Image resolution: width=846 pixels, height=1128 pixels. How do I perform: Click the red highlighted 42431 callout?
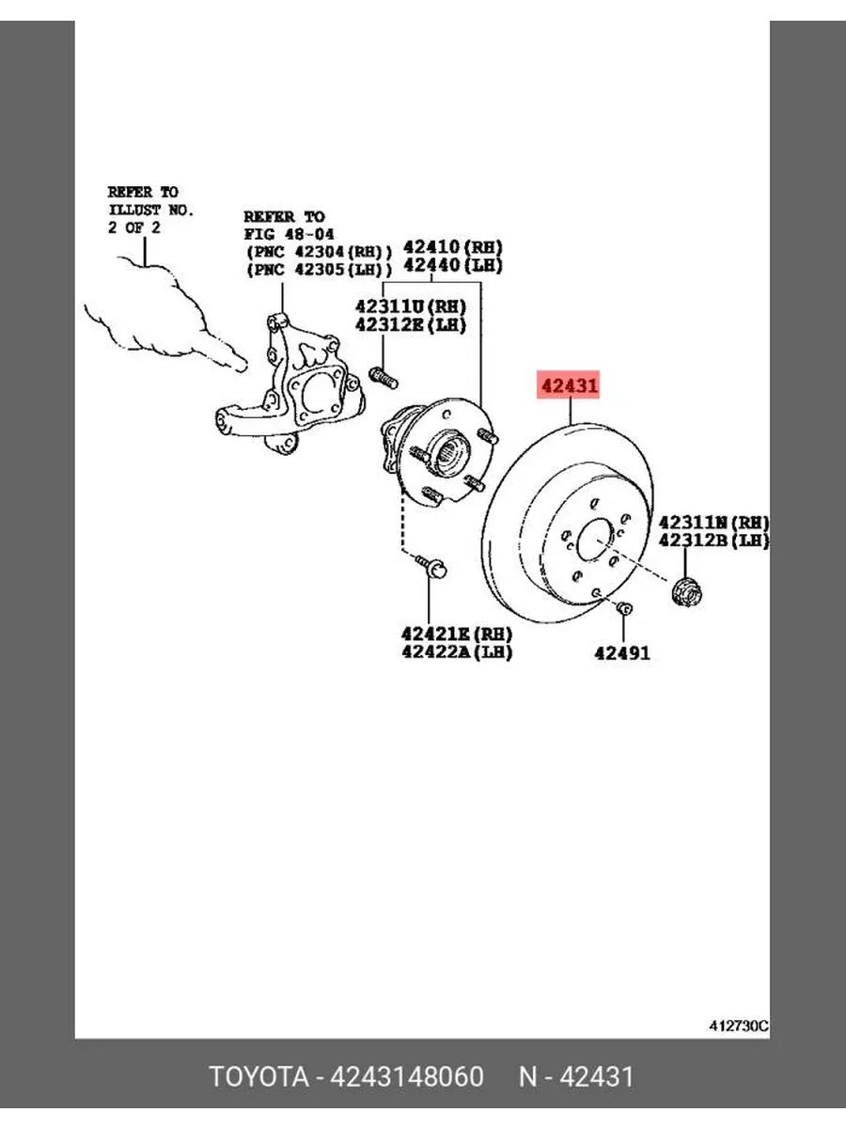568,384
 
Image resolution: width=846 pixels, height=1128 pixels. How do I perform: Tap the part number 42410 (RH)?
452,247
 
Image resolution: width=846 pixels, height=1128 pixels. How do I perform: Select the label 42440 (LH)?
452,265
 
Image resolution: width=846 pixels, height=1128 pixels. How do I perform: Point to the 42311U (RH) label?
411,306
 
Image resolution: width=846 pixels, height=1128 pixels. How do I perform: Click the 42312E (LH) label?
411,325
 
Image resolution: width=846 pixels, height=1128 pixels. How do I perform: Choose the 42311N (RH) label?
714,523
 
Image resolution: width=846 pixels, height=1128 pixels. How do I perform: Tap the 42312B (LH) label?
714,540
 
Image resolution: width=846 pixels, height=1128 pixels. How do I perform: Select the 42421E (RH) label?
457,634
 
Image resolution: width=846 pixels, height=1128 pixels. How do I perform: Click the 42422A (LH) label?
457,651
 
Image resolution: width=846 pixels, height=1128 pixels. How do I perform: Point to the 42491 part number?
622,653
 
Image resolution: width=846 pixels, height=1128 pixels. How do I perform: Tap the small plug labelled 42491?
624,608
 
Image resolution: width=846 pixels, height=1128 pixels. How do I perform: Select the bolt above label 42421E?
431,565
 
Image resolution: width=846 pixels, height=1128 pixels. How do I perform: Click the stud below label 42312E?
384,378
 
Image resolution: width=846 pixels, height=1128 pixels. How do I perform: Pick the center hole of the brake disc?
595,540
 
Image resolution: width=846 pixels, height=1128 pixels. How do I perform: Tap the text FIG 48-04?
289,234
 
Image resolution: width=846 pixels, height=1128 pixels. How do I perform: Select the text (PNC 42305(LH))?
319,269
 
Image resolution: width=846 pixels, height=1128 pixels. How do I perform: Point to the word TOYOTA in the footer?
259,1076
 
